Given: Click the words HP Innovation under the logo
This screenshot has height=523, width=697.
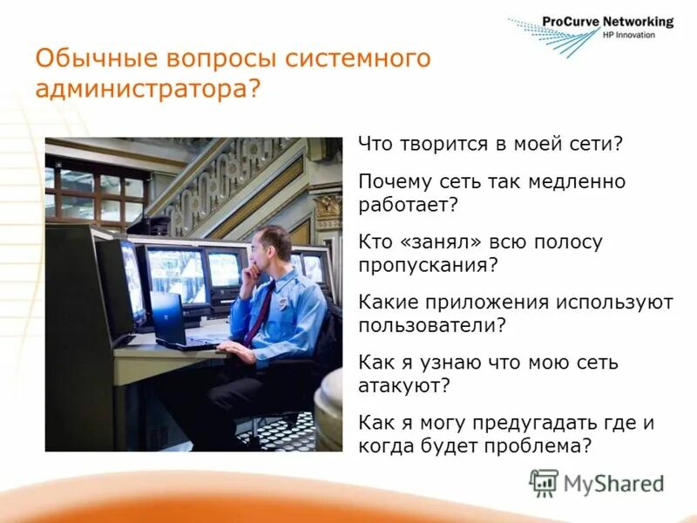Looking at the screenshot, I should pyautogui.click(x=628, y=35).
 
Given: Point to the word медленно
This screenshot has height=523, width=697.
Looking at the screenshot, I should pyautogui.click(x=571, y=182).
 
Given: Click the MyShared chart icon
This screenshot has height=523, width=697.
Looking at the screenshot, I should pyautogui.click(x=544, y=482).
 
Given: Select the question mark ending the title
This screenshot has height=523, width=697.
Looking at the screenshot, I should pyautogui.click(x=254, y=89).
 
